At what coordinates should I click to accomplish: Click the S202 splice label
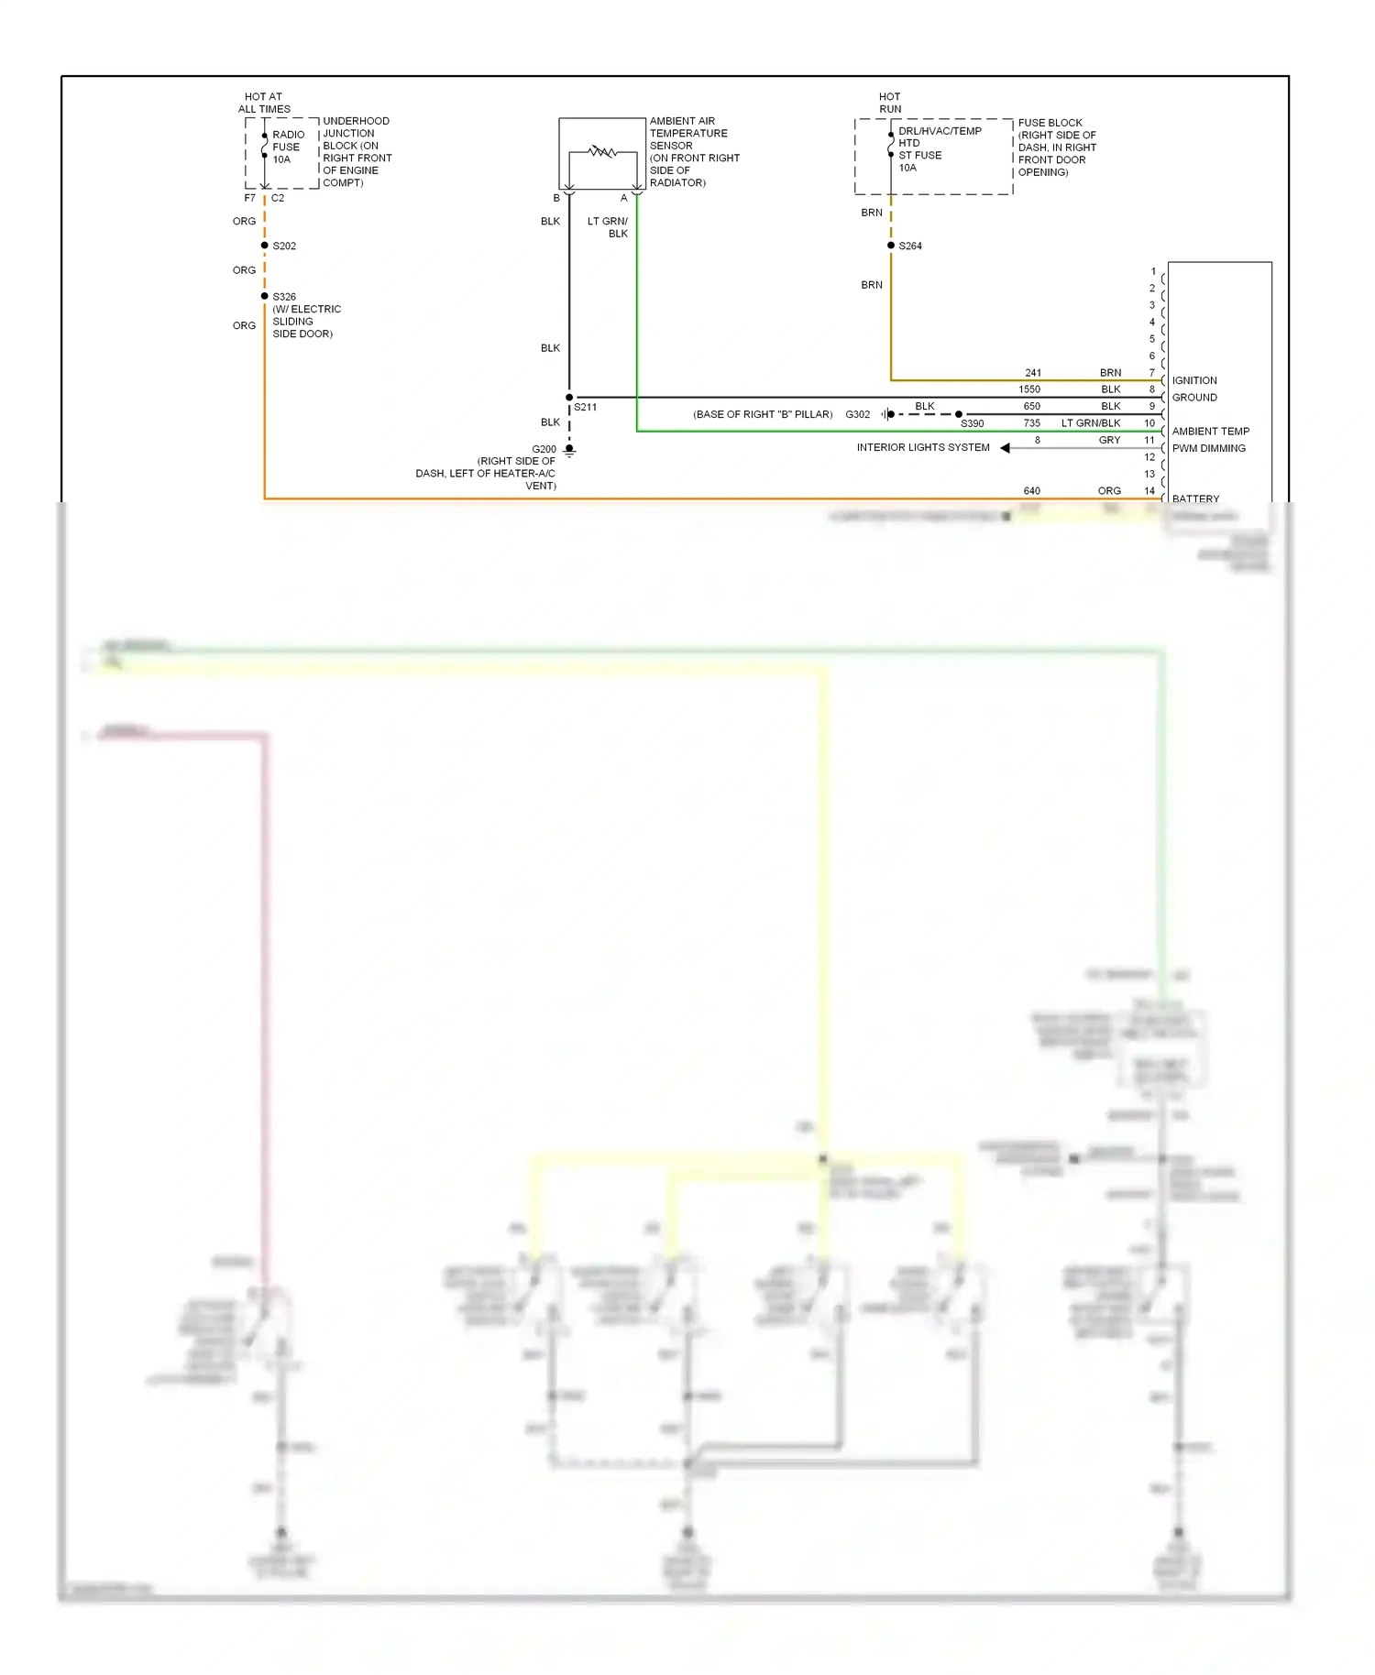(x=284, y=246)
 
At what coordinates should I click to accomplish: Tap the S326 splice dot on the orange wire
(x=265, y=296)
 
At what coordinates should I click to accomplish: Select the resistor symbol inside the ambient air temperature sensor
(x=602, y=151)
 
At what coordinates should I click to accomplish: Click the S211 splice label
(x=586, y=407)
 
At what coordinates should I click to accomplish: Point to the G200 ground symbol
(x=569, y=451)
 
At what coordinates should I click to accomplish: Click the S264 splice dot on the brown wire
(x=891, y=246)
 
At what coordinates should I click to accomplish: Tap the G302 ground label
(x=858, y=414)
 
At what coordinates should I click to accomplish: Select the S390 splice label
(x=973, y=424)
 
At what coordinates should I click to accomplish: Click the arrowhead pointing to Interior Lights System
(x=1006, y=448)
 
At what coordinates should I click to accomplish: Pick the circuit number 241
(x=1033, y=373)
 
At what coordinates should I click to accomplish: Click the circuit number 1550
(x=1029, y=389)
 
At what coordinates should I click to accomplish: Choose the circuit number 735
(x=1032, y=423)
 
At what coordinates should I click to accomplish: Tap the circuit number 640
(x=1032, y=491)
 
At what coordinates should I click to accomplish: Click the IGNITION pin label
(x=1194, y=380)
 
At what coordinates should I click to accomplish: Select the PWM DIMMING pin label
(x=1208, y=448)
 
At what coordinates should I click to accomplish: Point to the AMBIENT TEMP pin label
(x=1210, y=432)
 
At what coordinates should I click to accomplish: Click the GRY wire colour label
(x=1109, y=441)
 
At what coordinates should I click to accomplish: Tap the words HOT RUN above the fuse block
(x=890, y=103)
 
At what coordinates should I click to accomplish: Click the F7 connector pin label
(x=250, y=198)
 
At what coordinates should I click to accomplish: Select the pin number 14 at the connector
(x=1149, y=491)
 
